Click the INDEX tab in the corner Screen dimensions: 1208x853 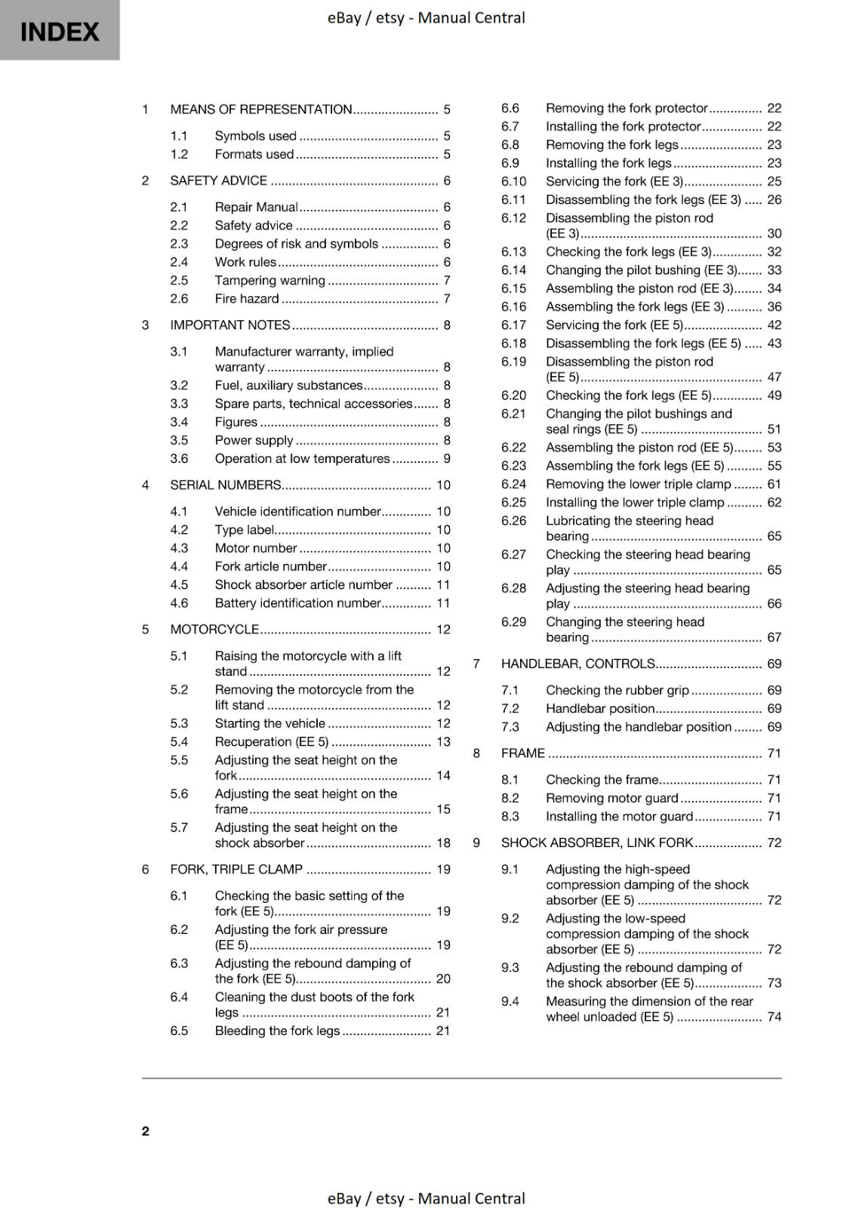(x=60, y=31)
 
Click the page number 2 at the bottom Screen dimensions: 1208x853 (x=146, y=1130)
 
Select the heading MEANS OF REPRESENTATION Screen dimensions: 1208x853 (x=261, y=109)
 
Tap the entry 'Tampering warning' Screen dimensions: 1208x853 (x=269, y=281)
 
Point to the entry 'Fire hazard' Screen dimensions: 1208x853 (x=247, y=299)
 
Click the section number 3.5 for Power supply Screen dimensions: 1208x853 (x=179, y=440)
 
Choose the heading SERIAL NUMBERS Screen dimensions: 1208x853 (x=226, y=485)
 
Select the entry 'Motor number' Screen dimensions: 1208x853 (x=256, y=548)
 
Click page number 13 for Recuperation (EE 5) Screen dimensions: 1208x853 (x=443, y=742)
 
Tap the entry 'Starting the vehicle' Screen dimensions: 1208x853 (x=269, y=723)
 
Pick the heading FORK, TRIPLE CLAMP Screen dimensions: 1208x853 (x=236, y=870)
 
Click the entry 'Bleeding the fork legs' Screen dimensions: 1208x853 (x=277, y=1031)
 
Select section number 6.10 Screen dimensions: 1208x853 (x=514, y=182)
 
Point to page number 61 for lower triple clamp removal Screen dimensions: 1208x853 (x=774, y=485)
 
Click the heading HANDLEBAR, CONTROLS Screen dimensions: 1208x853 (x=578, y=664)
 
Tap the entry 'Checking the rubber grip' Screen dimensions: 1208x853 (x=617, y=691)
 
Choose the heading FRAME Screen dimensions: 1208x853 (x=523, y=753)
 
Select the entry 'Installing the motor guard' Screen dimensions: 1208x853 (x=619, y=817)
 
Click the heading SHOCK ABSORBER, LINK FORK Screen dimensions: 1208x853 (x=597, y=843)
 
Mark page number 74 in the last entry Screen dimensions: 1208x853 (x=774, y=1017)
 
